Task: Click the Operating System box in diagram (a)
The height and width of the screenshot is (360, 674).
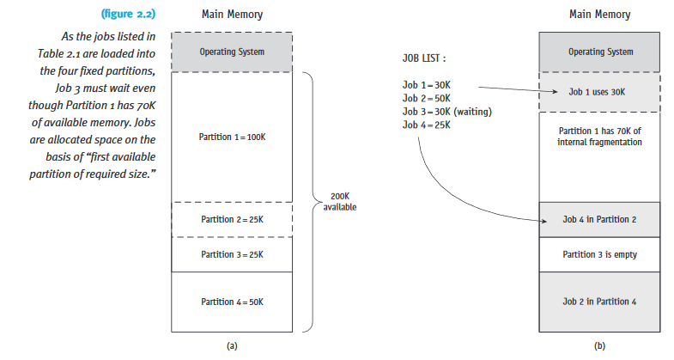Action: coord(232,52)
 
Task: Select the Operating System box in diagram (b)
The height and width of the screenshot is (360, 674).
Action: coord(599,52)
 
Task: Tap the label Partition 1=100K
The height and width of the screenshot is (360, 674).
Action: coord(232,137)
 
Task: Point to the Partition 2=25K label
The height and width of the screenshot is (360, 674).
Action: coord(232,220)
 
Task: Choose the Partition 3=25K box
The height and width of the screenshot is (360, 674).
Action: coord(232,254)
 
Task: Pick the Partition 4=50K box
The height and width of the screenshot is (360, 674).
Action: coord(232,301)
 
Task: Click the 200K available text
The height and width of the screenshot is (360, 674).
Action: coord(340,202)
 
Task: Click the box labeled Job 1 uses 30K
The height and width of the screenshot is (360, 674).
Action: coord(599,91)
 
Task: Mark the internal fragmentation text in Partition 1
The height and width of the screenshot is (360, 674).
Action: coord(599,137)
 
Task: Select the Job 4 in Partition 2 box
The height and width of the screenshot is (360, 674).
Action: coord(599,219)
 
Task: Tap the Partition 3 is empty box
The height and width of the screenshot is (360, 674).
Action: coord(599,254)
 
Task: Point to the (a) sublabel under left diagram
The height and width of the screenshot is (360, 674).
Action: coord(231,345)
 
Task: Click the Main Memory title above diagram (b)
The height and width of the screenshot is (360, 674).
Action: coord(599,15)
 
